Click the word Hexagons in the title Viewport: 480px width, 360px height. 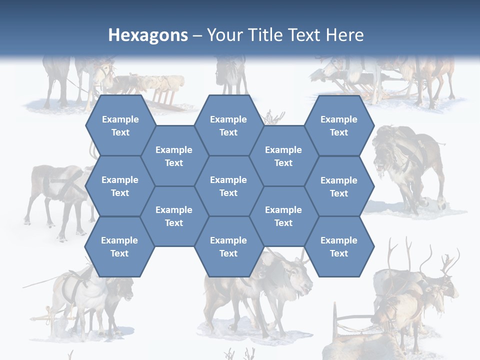148,35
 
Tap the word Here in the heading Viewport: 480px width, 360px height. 345,35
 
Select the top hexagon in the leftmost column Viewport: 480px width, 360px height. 120,125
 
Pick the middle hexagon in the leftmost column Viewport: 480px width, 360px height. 120,186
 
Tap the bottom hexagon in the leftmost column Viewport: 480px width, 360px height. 119,246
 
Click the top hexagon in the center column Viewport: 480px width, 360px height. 228,125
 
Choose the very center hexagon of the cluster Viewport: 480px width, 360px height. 228,186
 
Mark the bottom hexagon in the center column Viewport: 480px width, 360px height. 228,246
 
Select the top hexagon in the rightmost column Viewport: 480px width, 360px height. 339,125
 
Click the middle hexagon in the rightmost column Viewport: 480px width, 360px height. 339,186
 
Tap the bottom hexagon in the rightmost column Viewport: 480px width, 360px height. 339,246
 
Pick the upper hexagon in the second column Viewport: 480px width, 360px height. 174,156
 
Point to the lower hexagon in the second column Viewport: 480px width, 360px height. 174,216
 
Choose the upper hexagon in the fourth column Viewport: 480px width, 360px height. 283,156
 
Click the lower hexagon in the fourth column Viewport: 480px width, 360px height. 283,216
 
